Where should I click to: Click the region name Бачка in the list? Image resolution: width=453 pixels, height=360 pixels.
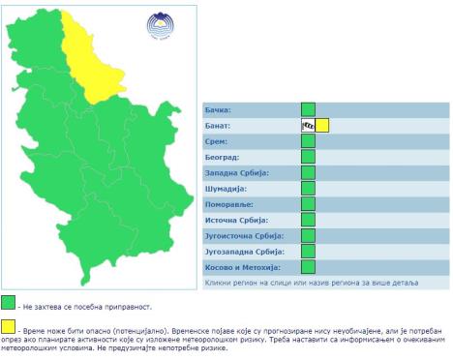click(x=220, y=110)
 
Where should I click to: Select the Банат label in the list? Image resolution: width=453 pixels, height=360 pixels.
click(x=220, y=126)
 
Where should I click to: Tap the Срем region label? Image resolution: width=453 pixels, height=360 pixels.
click(x=218, y=141)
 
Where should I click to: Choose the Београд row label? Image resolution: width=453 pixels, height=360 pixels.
click(x=223, y=157)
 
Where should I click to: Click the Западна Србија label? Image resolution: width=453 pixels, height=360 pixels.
click(x=237, y=172)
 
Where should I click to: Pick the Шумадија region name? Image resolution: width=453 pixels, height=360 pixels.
click(x=227, y=189)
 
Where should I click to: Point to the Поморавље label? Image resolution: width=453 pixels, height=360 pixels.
click(x=230, y=204)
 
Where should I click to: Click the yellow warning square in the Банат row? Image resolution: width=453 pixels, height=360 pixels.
click(x=322, y=125)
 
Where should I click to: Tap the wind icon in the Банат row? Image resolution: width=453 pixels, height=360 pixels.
click(x=308, y=125)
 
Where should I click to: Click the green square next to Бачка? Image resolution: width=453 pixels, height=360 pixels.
click(x=308, y=109)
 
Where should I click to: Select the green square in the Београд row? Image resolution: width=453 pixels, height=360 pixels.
click(x=308, y=157)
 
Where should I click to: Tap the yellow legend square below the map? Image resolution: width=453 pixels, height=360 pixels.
click(x=9, y=326)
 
